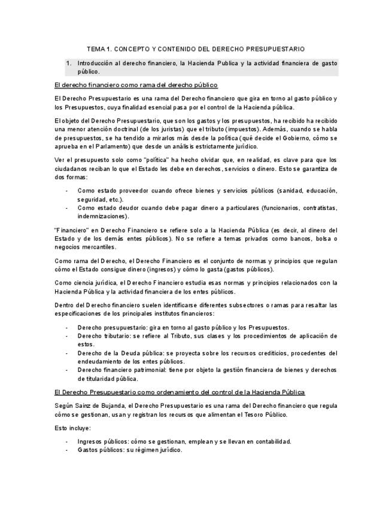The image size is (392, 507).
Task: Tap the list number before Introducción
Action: [69, 63]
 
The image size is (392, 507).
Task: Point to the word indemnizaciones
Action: [102, 216]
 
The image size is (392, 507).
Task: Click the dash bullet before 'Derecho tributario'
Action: [66, 336]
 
